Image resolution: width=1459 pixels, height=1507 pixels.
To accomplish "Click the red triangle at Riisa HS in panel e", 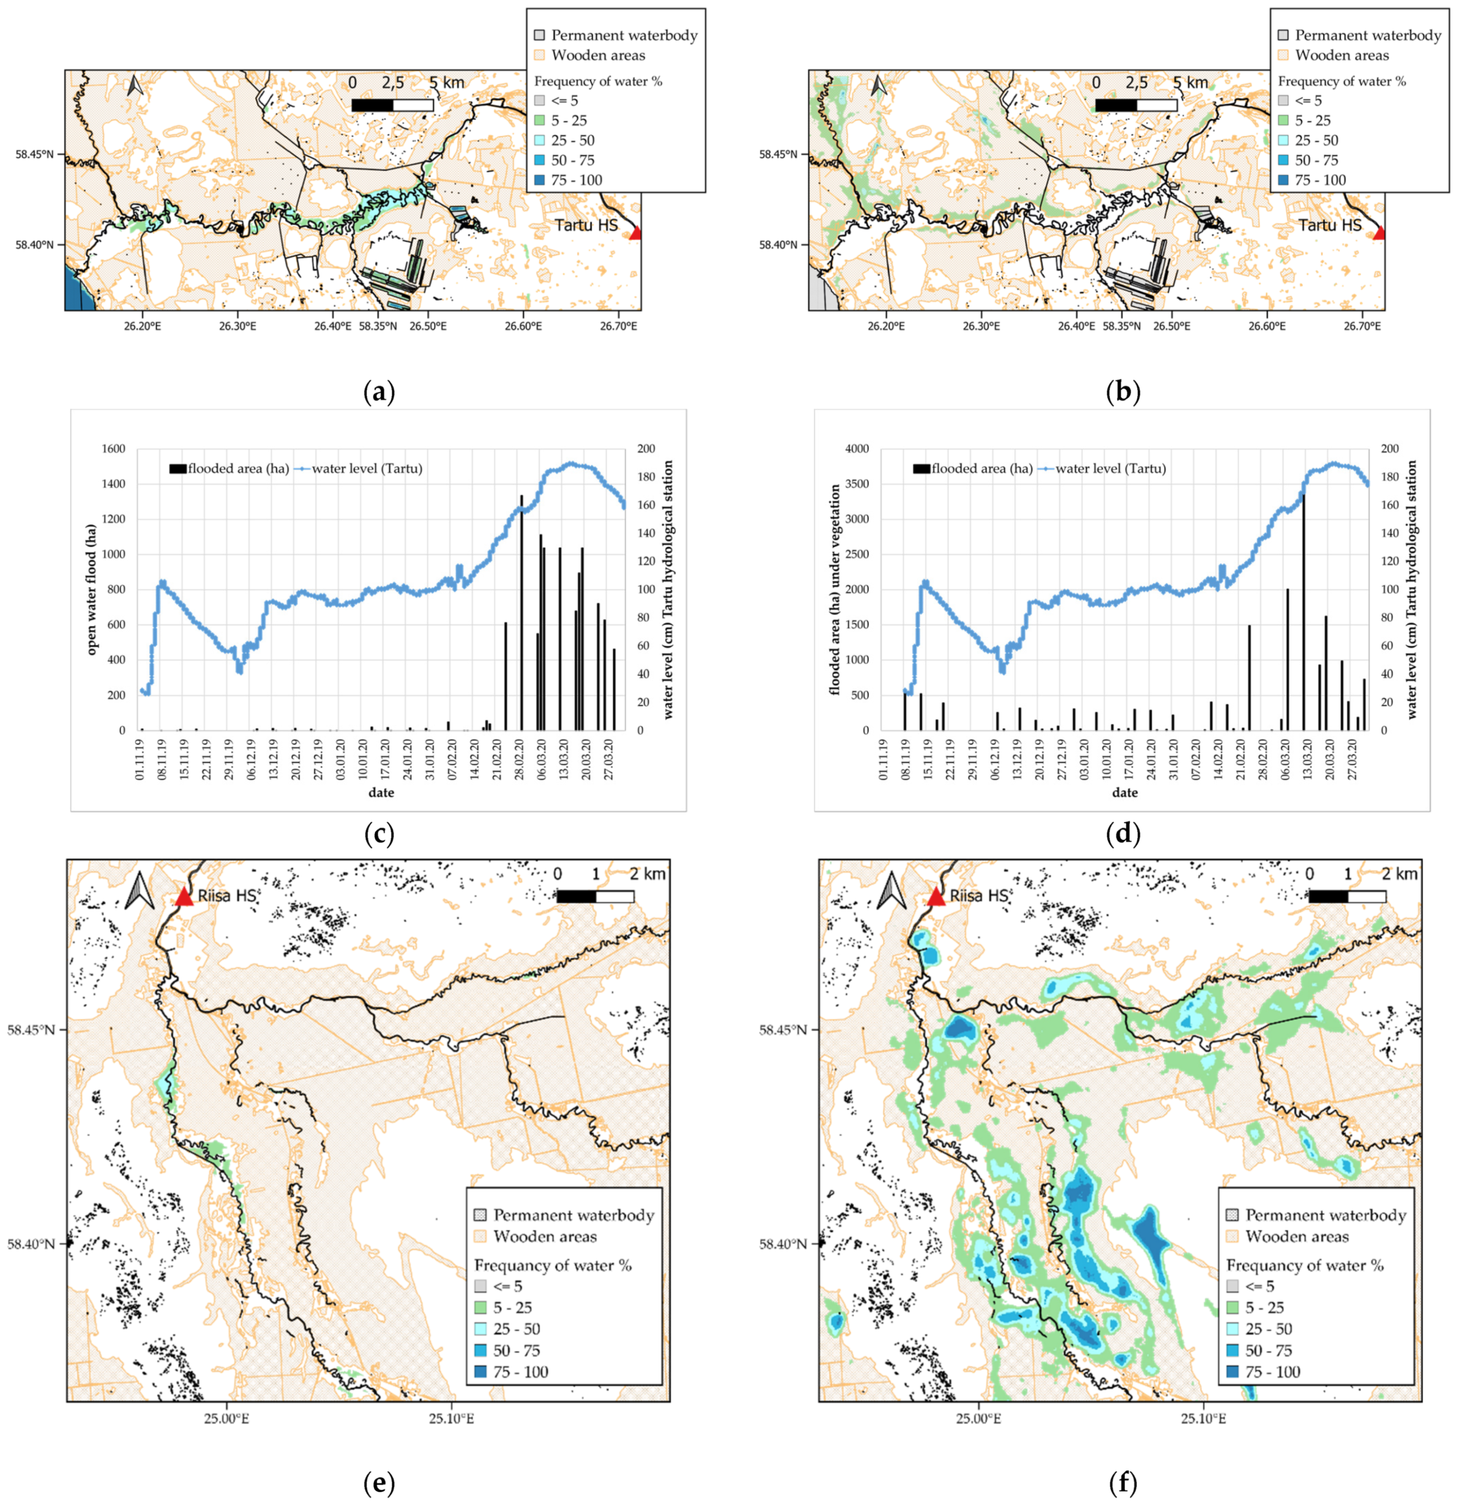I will (183, 897).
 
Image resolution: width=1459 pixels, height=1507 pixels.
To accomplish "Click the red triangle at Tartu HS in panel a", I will (634, 233).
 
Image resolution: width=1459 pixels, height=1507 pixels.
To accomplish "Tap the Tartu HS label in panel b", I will (1330, 225).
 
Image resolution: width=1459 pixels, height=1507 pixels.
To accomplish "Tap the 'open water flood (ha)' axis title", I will (92, 589).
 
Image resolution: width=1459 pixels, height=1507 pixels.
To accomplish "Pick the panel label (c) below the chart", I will (378, 834).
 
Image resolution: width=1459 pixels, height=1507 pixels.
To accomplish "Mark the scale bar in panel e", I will (595, 896).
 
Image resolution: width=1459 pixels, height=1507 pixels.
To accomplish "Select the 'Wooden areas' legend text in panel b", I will (1342, 55).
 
